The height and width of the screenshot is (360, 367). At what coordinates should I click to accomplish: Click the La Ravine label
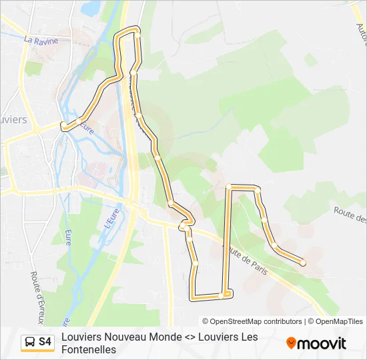pos(41,41)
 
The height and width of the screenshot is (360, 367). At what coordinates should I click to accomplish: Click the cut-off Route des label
pos(350,214)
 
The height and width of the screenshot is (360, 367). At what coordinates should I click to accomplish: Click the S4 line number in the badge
pos(45,342)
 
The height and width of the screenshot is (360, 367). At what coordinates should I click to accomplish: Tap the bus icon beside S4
pos(30,342)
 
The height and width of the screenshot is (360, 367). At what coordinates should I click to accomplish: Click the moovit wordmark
pos(322,343)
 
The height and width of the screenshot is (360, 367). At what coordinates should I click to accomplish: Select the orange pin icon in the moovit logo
pos(291,343)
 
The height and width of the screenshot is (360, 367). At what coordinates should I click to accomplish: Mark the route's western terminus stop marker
pos(64,125)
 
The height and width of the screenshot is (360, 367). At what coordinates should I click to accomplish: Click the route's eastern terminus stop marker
pos(303,263)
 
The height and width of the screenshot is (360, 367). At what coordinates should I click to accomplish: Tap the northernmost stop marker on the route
pos(137,31)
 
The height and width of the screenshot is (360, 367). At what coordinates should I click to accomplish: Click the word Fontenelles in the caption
pos(89,349)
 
